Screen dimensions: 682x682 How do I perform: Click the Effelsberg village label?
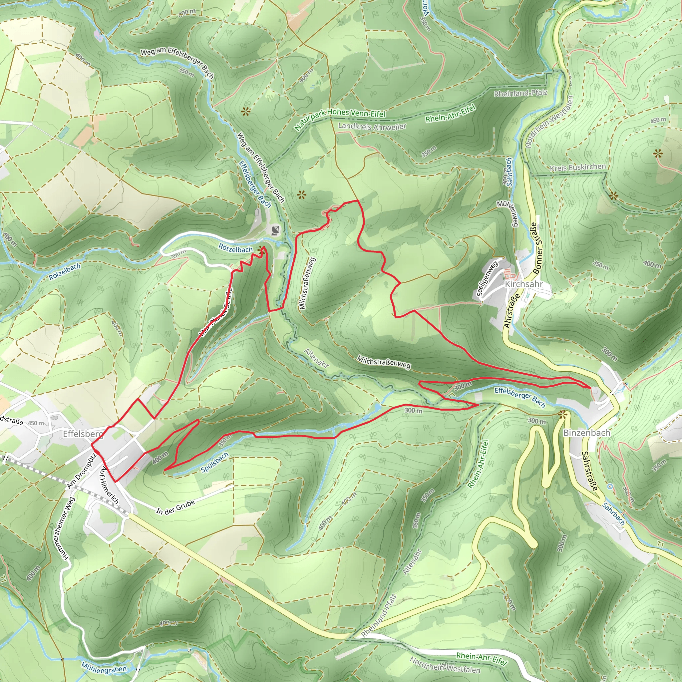pyautogui.click(x=83, y=434)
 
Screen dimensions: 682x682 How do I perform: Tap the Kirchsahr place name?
pyautogui.click(x=523, y=284)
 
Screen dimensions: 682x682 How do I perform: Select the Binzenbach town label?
pyautogui.click(x=586, y=433)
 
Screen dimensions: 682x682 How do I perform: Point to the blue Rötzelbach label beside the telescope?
pyautogui.click(x=235, y=248)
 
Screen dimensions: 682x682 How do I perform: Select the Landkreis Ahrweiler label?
pyautogui.click(x=372, y=126)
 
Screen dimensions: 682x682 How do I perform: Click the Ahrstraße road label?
pyautogui.click(x=511, y=311)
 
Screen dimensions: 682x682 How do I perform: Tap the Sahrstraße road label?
pyautogui.click(x=589, y=471)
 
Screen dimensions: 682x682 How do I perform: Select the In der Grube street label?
pyautogui.click(x=175, y=507)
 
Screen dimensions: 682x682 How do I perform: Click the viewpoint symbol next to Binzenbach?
pyautogui.click(x=563, y=415)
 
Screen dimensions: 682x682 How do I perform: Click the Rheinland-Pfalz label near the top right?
pyautogui.click(x=521, y=93)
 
